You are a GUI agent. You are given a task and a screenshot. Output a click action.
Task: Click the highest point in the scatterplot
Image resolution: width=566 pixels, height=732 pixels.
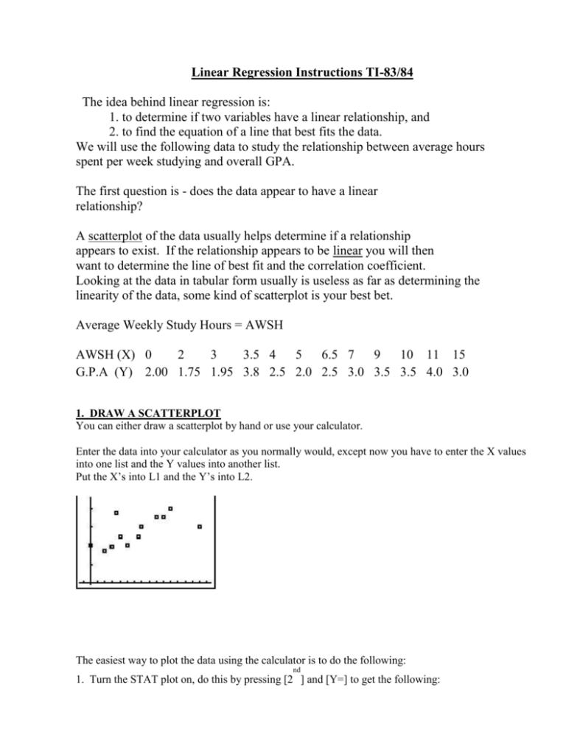(x=170, y=509)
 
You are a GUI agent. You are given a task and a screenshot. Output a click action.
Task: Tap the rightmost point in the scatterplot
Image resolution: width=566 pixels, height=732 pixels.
(x=199, y=527)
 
